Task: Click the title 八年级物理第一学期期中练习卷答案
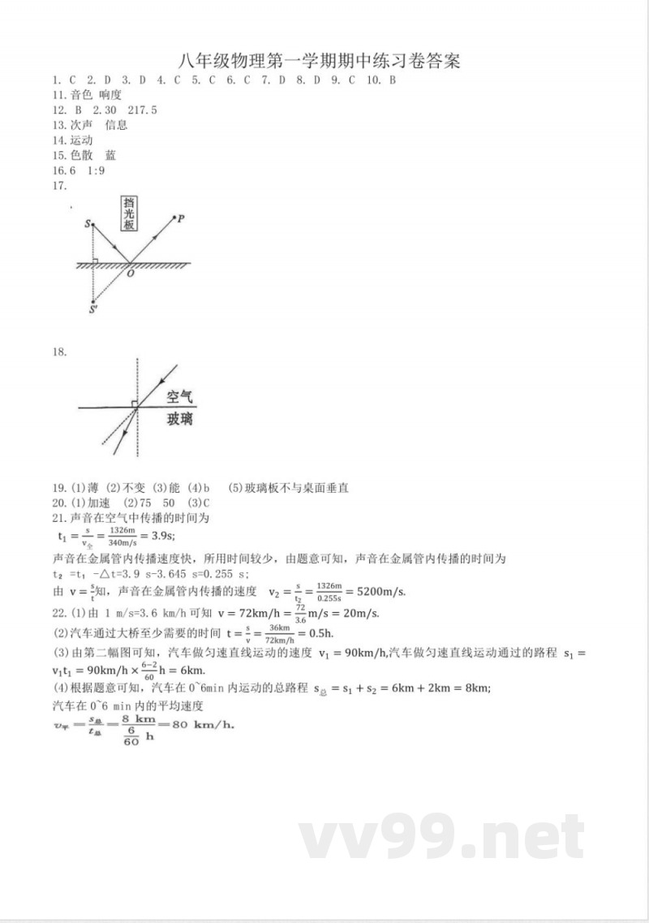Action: (x=317, y=61)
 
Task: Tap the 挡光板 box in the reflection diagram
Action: (x=129, y=215)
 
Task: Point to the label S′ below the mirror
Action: (x=93, y=309)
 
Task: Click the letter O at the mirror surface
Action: (x=130, y=274)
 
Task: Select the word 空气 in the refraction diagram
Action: (x=179, y=397)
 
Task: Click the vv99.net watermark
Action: (x=442, y=838)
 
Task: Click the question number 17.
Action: (x=58, y=186)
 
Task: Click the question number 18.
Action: (x=58, y=352)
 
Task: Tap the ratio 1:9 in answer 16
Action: (x=95, y=170)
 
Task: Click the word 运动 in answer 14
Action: (x=82, y=140)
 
